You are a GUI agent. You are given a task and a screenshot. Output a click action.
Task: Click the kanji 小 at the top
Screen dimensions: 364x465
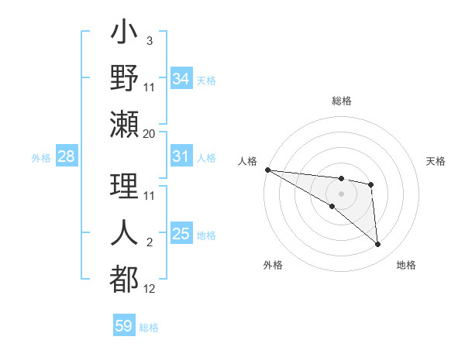click(125, 36)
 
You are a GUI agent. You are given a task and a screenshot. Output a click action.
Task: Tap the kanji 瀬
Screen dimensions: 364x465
click(125, 124)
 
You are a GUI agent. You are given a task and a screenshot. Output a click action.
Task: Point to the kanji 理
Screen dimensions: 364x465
click(125, 185)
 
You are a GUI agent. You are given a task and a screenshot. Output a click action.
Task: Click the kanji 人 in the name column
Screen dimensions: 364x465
click(125, 232)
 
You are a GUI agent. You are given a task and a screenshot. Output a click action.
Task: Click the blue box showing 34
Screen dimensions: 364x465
click(181, 78)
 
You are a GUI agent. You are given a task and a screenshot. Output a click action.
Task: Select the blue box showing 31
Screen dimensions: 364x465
click(181, 156)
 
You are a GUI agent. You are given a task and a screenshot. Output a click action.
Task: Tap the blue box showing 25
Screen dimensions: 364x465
click(181, 234)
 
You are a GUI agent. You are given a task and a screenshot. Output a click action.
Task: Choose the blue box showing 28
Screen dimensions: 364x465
click(67, 156)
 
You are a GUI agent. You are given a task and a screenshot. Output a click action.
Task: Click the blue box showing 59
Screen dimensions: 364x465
click(124, 326)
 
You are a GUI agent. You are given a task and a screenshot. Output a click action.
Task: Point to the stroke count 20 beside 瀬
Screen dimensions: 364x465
click(150, 134)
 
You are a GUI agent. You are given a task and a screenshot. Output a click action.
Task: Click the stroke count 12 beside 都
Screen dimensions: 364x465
click(150, 289)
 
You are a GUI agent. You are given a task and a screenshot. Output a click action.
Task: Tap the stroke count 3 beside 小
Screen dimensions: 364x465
click(150, 40)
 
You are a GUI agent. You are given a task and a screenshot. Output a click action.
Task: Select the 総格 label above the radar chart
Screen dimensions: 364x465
click(341, 101)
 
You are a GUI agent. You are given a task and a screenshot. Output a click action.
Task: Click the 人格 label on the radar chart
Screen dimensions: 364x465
click(248, 161)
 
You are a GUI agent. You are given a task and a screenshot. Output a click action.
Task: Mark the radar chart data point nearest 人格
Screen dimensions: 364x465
click(267, 169)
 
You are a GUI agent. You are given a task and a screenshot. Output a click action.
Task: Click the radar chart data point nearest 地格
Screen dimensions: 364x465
click(378, 245)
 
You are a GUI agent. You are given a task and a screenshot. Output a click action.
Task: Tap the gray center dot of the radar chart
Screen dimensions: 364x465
click(341, 193)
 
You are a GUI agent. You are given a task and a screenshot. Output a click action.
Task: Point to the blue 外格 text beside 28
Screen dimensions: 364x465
click(41, 157)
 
